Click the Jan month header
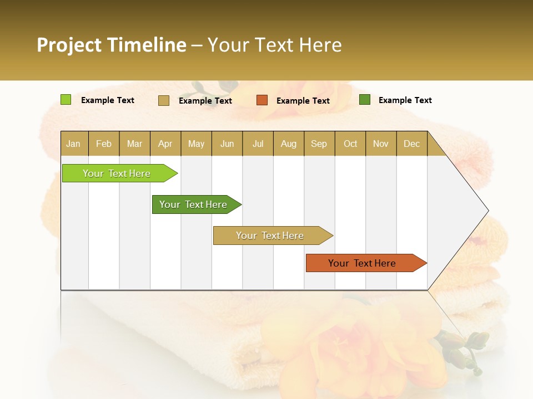point(74,144)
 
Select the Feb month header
point(104,144)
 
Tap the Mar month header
point(134,144)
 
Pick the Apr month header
point(165,144)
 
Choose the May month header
point(196,144)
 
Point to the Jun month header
point(227,144)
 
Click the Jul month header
point(258,144)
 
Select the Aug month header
point(289,144)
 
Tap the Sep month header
point(319,144)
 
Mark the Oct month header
point(350,144)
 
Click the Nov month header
point(381,144)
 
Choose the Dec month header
point(412,144)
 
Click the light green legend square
point(66,100)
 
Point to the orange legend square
point(262,100)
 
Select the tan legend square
point(164,100)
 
